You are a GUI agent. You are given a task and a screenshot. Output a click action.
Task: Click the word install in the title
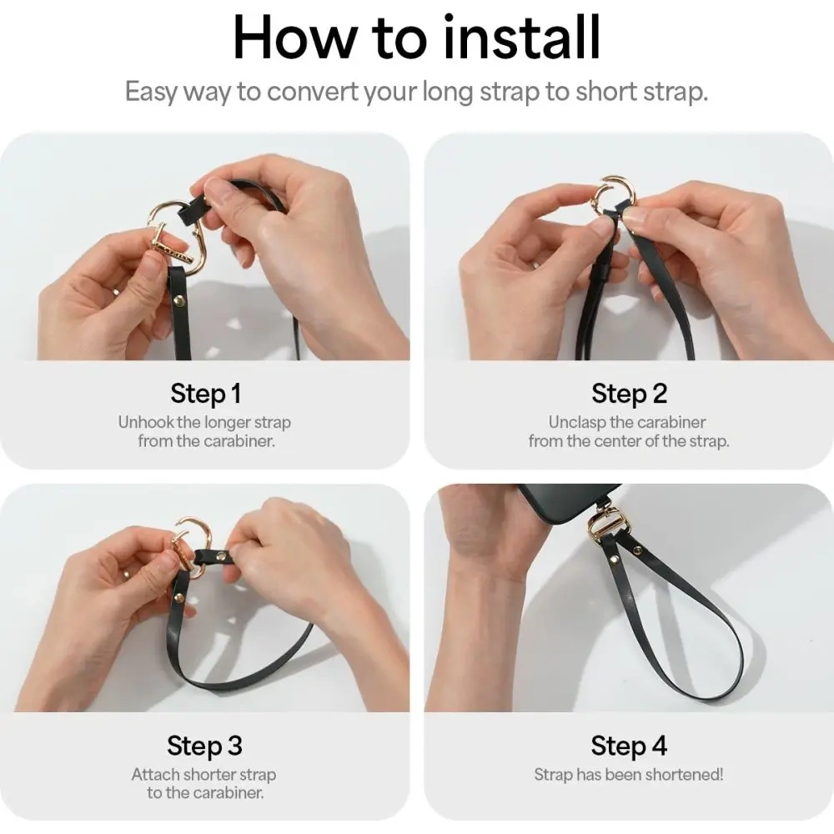pyautogui.click(x=521, y=38)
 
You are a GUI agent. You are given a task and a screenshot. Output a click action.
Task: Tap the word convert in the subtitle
pyautogui.click(x=312, y=92)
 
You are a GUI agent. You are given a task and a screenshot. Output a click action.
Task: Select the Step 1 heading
pyautogui.click(x=206, y=394)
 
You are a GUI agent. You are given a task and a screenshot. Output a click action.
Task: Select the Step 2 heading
pyautogui.click(x=629, y=394)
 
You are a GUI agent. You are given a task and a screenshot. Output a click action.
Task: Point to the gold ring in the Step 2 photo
pyautogui.click(x=611, y=196)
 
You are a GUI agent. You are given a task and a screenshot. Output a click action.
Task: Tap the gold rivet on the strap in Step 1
pyautogui.click(x=180, y=303)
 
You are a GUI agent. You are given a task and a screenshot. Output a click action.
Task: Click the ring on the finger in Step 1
pyautogui.click(x=116, y=291)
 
